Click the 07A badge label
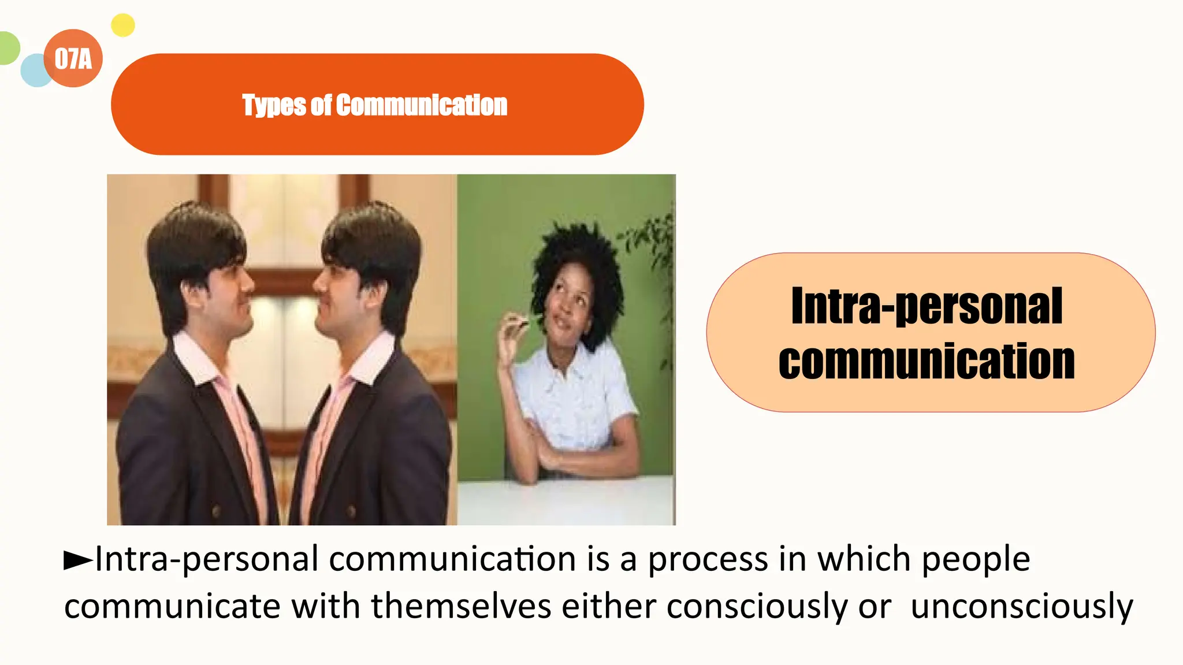coord(73,58)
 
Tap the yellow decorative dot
coord(122,25)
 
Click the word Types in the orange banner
coord(274,105)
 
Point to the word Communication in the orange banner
coord(422,105)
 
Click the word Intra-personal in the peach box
coord(927,306)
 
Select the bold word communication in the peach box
coord(927,361)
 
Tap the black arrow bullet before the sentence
coord(77,560)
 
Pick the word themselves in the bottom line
coord(461,607)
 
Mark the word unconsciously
coord(1022,607)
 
